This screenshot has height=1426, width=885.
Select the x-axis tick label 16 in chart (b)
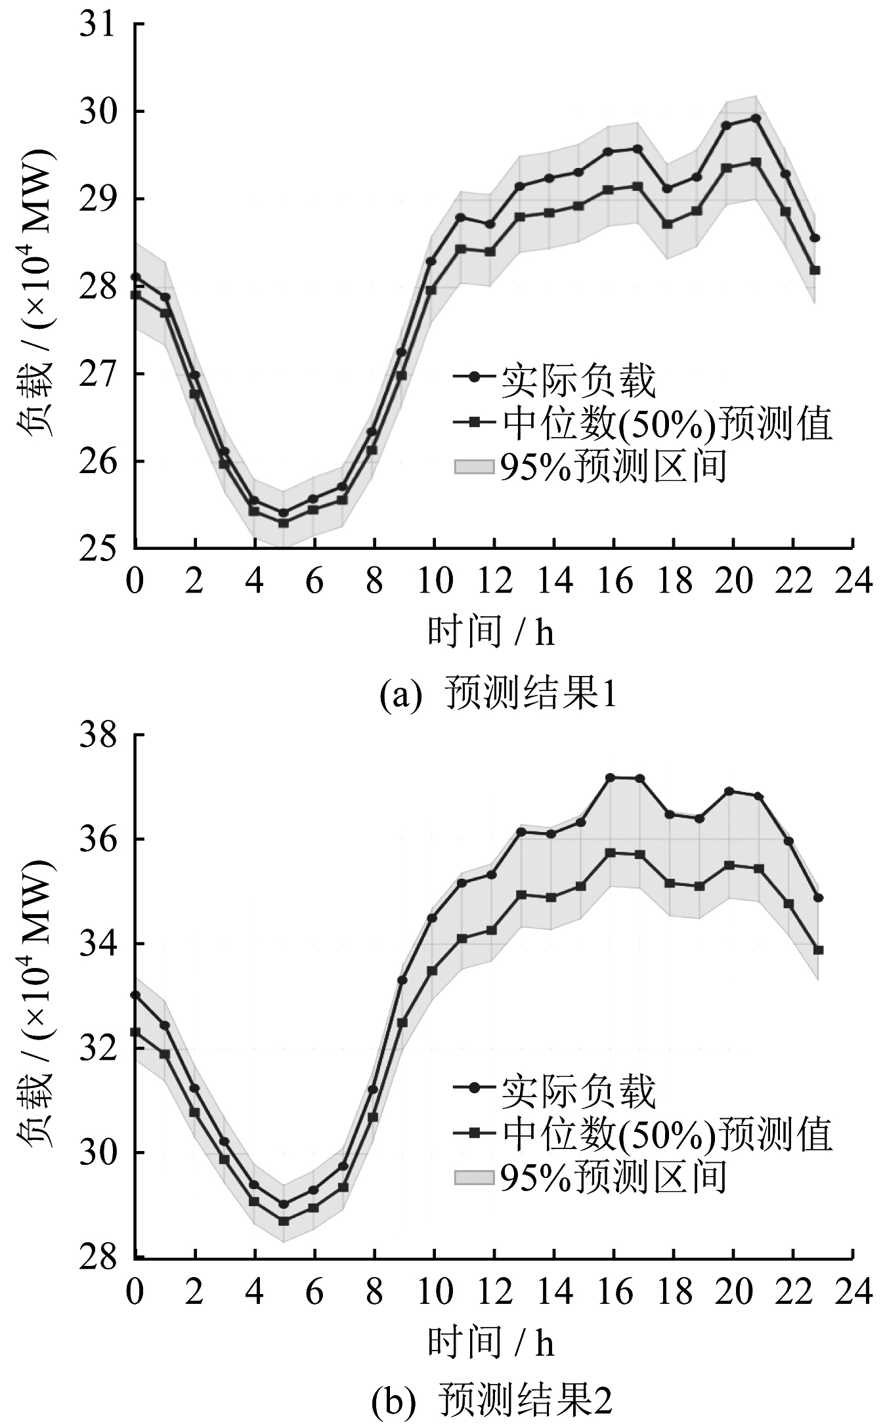(615, 1292)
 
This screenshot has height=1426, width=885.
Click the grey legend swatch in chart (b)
(473, 1177)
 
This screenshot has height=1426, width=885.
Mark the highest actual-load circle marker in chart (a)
(756, 118)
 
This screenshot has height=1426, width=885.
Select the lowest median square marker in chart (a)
(283, 523)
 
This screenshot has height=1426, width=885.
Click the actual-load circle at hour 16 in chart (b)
(610, 778)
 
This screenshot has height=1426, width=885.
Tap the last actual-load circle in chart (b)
(818, 898)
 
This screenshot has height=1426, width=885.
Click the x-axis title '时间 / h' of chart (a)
(491, 633)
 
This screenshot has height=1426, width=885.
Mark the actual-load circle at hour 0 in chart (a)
(136, 277)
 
